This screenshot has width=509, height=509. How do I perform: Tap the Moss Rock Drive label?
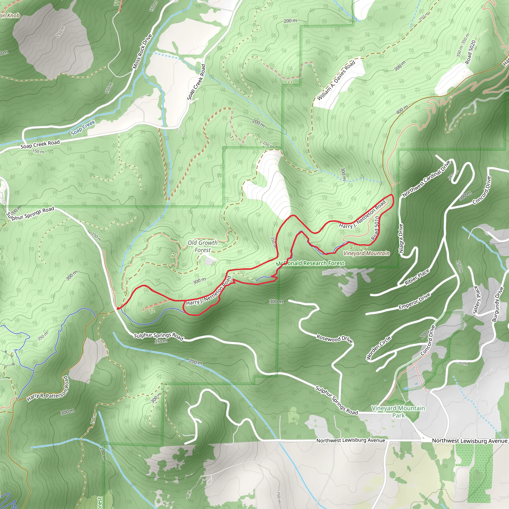(142, 52)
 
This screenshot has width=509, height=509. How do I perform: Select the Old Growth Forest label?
(203, 246)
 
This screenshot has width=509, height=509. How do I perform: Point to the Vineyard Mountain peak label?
(367, 254)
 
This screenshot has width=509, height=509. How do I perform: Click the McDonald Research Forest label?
(310, 263)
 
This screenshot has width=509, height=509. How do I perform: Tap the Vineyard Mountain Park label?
(398, 412)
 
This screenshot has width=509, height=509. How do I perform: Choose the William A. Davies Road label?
(336, 80)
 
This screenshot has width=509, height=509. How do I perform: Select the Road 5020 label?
(470, 52)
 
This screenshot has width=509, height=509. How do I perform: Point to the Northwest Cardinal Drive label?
(426, 179)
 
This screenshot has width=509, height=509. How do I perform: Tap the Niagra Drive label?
(401, 238)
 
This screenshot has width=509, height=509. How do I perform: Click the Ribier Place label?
(417, 277)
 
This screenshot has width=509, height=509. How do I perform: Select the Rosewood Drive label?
(335, 339)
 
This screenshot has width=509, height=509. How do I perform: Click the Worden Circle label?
(379, 348)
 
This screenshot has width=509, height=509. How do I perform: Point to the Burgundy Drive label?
(498, 304)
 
